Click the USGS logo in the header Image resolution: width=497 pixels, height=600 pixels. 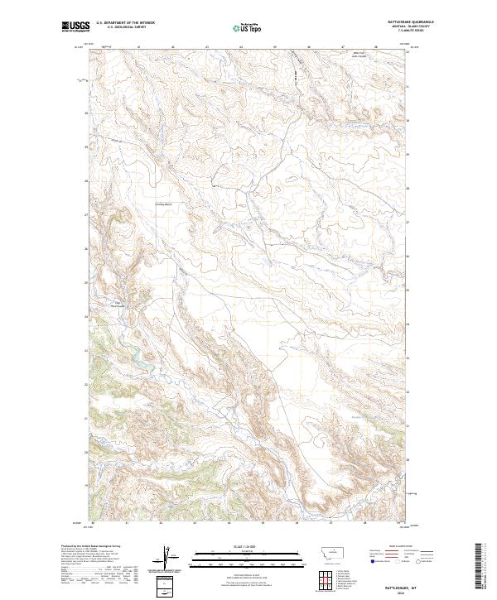(x=74, y=26)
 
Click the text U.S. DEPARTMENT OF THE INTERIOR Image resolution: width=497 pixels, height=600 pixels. (x=126, y=23)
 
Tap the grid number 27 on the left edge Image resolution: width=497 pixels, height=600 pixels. (x=85, y=214)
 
